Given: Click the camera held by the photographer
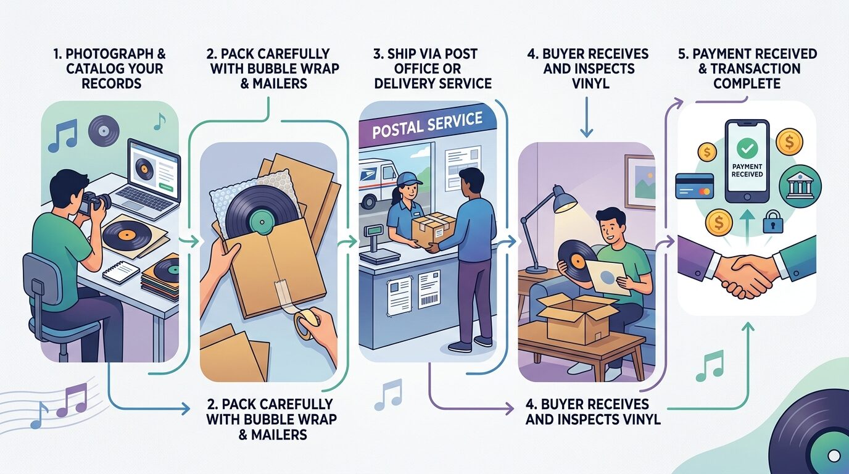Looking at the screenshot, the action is click(x=95, y=202).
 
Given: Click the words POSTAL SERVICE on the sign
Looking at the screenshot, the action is click(x=427, y=125).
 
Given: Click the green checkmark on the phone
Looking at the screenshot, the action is click(x=747, y=148).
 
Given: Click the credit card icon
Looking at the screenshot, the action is click(x=695, y=186).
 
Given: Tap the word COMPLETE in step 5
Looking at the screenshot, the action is click(x=747, y=83).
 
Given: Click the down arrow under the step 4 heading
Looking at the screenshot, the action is click(x=586, y=117).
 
